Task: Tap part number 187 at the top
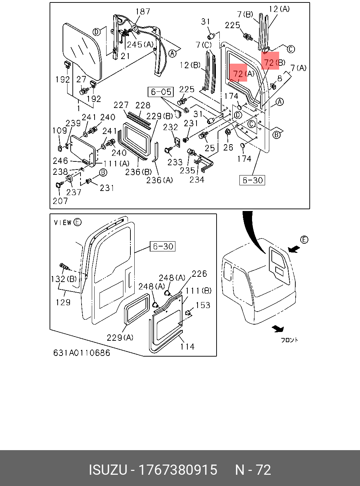pyautogui.click(x=143, y=12)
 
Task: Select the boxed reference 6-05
pyautogui.click(x=161, y=92)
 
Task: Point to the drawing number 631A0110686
pyautogui.click(x=82, y=353)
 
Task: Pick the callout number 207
pyautogui.click(x=60, y=201)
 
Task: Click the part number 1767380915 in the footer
pyautogui.click(x=178, y=470)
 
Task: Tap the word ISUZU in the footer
pyautogui.click(x=108, y=470)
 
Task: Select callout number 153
pyautogui.click(x=203, y=305)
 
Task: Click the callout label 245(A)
pyautogui.click(x=140, y=45)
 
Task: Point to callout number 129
pyautogui.click(x=63, y=302)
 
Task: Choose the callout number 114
pyautogui.click(x=187, y=347)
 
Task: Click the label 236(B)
pyautogui.click(x=139, y=172)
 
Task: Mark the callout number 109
pyautogui.click(x=59, y=130)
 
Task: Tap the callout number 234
pyautogui.click(x=197, y=180)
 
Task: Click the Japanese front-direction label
pyautogui.click(x=289, y=340)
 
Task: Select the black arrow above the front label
pyautogui.click(x=278, y=329)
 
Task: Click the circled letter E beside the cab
pyautogui.click(x=304, y=240)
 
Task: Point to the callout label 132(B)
pyautogui.click(x=64, y=279)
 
